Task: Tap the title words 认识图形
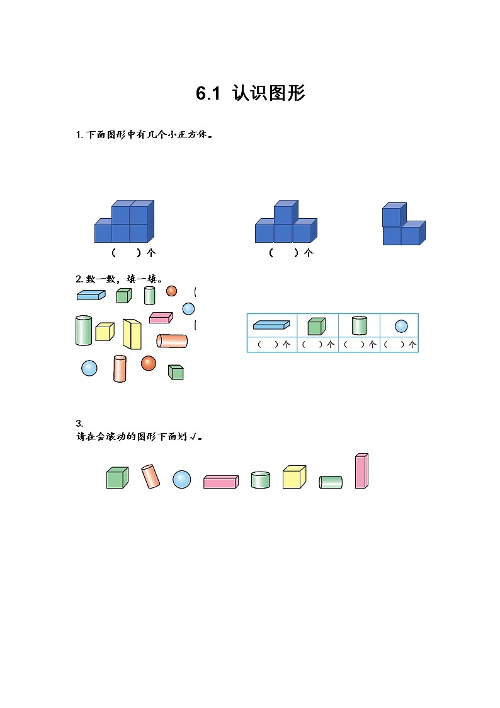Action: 268,94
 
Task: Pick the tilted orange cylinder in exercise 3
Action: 151,477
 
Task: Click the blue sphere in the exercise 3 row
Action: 181,479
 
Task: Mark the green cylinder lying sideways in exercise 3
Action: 331,482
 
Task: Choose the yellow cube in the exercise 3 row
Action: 293,477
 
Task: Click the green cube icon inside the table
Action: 316,326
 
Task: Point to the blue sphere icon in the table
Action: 401,326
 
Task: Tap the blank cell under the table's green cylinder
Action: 359,345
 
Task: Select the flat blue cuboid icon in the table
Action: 271,325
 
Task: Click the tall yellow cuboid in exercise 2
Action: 132,334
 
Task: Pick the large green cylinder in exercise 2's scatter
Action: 84,330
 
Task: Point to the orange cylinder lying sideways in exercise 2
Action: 172,341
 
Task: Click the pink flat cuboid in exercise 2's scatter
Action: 161,318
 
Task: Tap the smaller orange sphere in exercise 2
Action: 171,291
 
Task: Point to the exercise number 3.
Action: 78,423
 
